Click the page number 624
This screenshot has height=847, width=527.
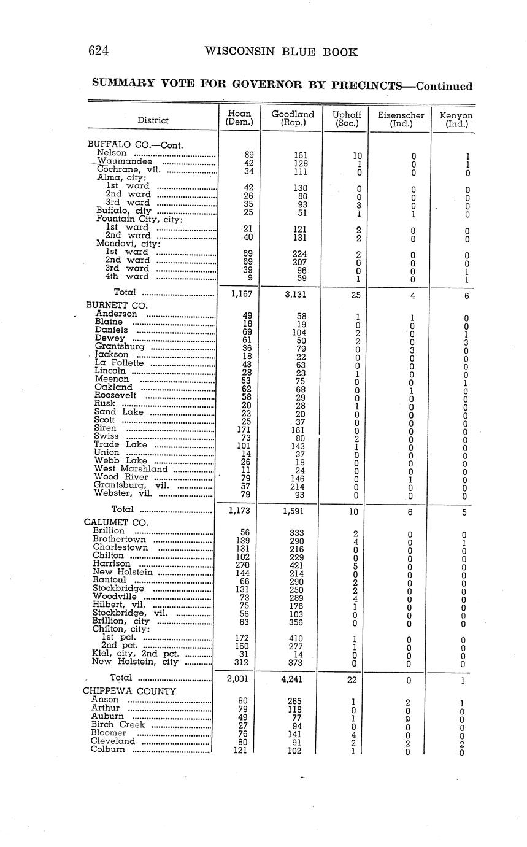pos(99,52)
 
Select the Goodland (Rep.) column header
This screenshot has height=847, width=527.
pos(293,118)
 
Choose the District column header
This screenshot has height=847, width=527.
pos(153,120)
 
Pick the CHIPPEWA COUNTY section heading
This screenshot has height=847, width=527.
pos(129,690)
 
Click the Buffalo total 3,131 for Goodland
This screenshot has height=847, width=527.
pos(293,294)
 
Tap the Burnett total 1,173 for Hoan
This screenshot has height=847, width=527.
pos(237,509)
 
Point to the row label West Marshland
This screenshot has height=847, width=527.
pos(131,469)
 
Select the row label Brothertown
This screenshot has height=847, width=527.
pos(120,539)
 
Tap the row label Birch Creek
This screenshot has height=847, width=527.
pos(118,724)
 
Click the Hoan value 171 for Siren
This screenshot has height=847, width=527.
pos(239,428)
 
